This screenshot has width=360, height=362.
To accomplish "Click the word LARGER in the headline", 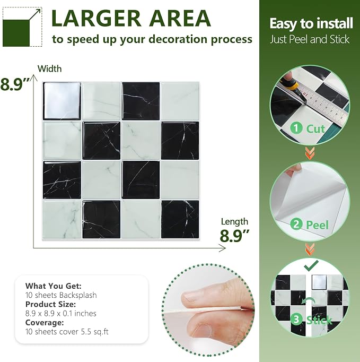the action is [x=96, y=19].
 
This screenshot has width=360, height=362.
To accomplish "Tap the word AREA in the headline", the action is [x=180, y=19].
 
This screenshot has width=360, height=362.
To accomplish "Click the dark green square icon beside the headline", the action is [x=16, y=33].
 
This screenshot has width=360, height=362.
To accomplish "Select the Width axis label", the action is [x=50, y=69].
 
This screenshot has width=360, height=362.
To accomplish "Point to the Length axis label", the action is [x=234, y=222].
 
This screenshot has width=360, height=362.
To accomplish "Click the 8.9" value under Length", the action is [x=234, y=236].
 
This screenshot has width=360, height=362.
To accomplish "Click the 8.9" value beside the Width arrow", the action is [x=15, y=84].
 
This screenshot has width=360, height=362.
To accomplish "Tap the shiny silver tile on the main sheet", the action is [x=62, y=101].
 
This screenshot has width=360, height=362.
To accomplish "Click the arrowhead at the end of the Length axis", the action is [x=222, y=248].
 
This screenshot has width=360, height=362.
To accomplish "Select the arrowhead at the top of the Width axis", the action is [x=34, y=77].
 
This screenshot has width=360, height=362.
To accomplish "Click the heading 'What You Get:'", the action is [x=53, y=286].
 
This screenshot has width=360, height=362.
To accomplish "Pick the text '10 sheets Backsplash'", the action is [x=61, y=295].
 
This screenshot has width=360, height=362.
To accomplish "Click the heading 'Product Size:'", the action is [x=50, y=304].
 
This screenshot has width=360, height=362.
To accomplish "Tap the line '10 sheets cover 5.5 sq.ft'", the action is [x=67, y=332].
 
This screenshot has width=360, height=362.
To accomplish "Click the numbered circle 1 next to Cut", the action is [x=296, y=128].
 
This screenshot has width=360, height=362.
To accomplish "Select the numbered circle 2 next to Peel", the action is [x=296, y=224].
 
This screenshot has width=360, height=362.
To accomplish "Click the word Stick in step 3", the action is [x=319, y=320].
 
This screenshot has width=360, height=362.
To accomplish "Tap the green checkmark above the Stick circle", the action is [x=311, y=265].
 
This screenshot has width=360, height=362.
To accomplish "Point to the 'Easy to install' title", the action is [x=311, y=24].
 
